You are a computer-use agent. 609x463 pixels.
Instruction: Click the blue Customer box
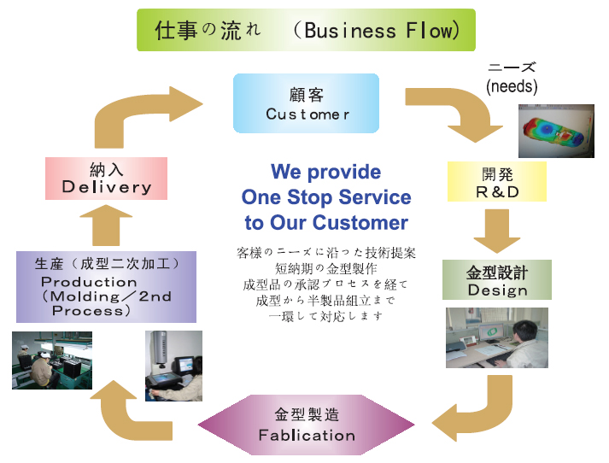tap(306, 103)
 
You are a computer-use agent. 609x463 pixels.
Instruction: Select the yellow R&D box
tap(496, 181)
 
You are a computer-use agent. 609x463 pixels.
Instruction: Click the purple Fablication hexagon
tap(306, 425)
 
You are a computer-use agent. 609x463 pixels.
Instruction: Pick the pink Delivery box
tap(106, 178)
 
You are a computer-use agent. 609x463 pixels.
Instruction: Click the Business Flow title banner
tap(306, 30)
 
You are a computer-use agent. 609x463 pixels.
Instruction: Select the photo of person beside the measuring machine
tap(173, 366)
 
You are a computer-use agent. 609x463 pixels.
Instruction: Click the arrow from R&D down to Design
tap(496, 229)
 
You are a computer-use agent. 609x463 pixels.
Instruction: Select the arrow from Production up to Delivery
tap(107, 226)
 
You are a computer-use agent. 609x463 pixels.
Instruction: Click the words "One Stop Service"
tap(325, 197)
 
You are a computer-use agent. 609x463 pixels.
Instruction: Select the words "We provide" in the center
tap(325, 172)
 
